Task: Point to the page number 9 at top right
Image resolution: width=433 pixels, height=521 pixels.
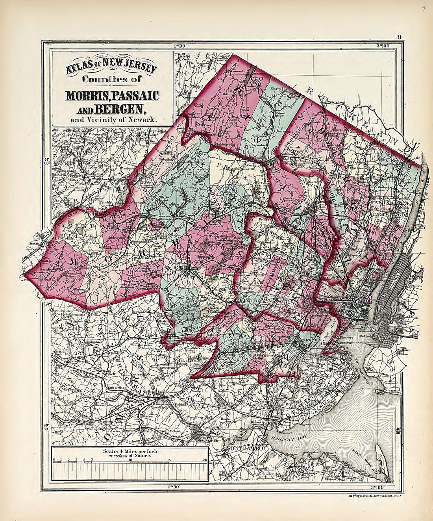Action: tap(399, 38)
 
